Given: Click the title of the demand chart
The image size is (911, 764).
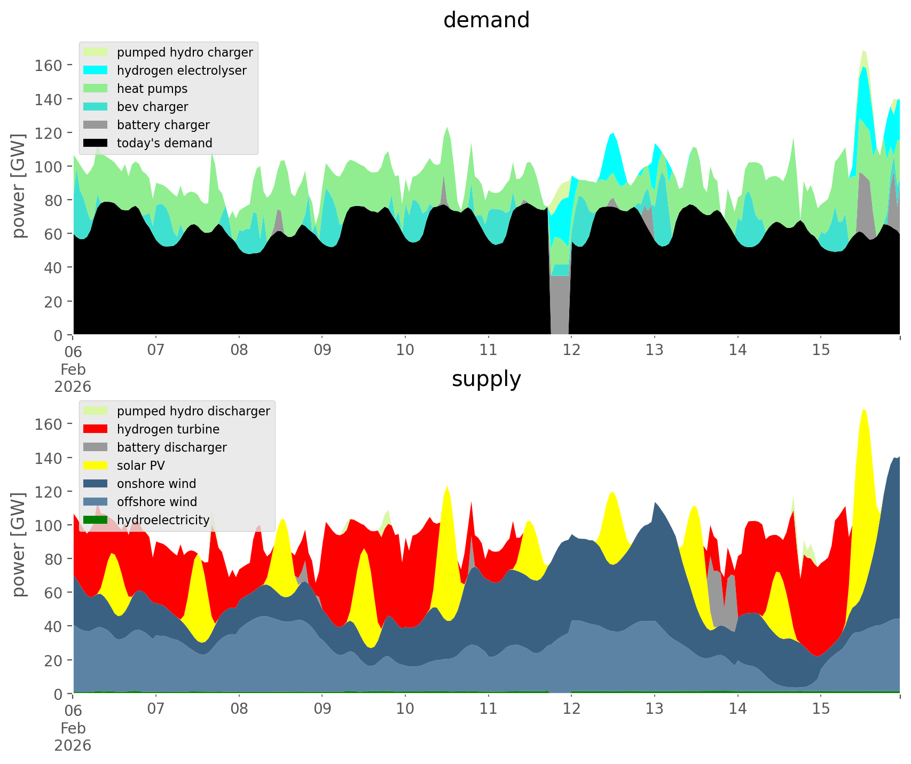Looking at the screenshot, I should [486, 20].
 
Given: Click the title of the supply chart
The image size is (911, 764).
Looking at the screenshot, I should [486, 379].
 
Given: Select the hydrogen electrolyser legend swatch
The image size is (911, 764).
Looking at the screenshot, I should [96, 70].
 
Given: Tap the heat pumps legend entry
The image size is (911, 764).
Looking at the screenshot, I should [152, 89].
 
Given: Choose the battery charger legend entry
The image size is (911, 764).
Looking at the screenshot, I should [163, 125].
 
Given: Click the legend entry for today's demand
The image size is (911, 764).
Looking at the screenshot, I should [164, 143].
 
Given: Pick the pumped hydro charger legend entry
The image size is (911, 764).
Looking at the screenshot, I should [185, 52].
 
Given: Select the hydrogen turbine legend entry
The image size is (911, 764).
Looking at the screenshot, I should [168, 429].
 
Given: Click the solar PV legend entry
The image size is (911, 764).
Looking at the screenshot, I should [141, 466].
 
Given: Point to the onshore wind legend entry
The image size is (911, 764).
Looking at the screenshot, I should [156, 484].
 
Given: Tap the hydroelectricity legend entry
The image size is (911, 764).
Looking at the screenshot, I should [163, 520].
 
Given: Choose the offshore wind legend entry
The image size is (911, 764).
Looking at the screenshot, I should [157, 502].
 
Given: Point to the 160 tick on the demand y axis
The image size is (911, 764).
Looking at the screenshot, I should [49, 65].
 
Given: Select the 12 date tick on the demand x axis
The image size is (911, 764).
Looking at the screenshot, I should [571, 350].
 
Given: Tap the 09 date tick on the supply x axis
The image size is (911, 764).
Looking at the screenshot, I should [322, 709].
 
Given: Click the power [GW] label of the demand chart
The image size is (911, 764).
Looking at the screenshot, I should [19, 185].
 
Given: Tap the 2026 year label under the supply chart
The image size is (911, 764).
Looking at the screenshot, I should [73, 745].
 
